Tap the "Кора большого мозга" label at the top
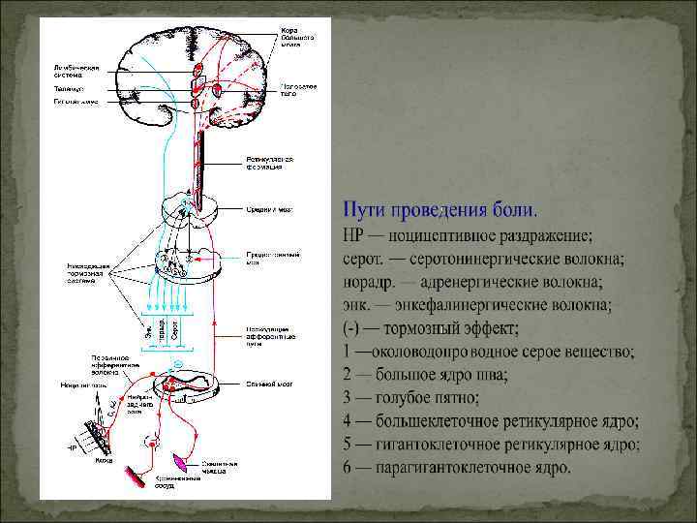(294, 36)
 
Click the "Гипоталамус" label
(74, 101)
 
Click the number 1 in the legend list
(348, 352)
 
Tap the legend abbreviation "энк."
(357, 305)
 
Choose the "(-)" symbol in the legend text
(352, 328)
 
